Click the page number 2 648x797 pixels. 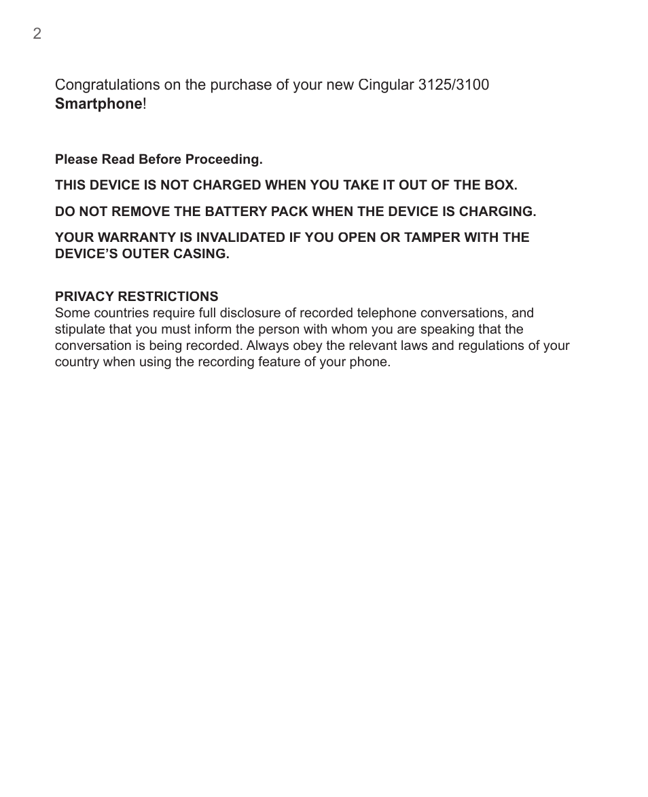coord(37,34)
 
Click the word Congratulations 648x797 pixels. coord(107,85)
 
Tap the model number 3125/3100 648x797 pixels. coord(454,85)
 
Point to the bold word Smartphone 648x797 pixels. coord(98,104)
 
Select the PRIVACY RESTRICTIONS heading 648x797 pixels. coord(137,296)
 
